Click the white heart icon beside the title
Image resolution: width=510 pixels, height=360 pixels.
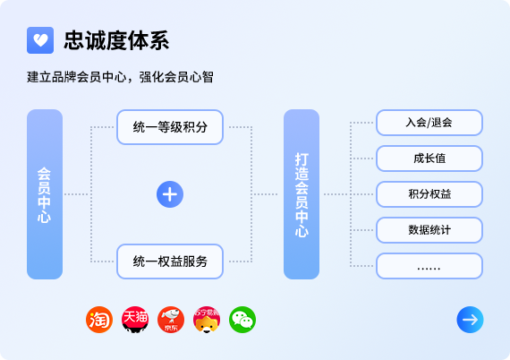coord(40,40)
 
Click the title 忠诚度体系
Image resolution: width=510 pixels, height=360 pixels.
coord(116,40)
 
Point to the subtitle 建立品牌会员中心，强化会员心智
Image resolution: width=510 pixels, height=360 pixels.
coord(120,77)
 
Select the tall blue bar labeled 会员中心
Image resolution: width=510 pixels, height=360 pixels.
coord(45,194)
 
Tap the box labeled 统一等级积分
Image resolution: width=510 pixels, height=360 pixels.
coord(170,127)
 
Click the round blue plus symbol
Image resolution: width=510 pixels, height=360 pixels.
coord(170,194)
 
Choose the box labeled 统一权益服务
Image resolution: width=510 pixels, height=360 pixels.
coord(170,261)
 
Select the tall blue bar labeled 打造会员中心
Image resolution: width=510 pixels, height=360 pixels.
coord(302,194)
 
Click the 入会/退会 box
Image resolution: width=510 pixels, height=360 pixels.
coord(429,123)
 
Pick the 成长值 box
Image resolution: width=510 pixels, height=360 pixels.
coord(429,159)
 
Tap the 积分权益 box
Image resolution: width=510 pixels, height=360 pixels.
coord(429,194)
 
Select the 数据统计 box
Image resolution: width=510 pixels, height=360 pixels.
coord(429,230)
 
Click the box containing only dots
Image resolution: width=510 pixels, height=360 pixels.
coord(429,266)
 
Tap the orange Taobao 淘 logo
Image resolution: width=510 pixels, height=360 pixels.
coord(99,320)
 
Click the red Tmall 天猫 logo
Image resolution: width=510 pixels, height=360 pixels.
coord(135,320)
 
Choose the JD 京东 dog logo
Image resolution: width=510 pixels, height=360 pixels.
coord(171,320)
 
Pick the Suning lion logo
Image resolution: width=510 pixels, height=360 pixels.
coord(207,320)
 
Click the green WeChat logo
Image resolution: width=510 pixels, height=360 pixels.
coord(242,320)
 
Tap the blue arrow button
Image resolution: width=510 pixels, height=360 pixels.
coord(470,320)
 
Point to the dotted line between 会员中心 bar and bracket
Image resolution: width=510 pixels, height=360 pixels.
coord(77,194)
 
